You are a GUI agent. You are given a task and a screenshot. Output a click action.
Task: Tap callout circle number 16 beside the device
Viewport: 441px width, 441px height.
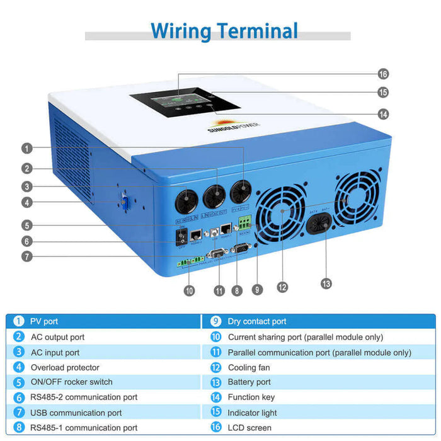pos(383,74)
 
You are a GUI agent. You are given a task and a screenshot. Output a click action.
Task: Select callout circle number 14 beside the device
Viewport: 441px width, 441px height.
pos(383,114)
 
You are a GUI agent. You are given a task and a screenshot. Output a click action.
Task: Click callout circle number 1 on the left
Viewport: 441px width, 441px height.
pos(26,149)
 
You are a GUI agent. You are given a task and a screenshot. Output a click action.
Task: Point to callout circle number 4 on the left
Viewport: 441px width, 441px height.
pos(26,203)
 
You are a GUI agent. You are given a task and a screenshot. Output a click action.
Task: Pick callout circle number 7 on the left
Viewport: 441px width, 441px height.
pos(26,256)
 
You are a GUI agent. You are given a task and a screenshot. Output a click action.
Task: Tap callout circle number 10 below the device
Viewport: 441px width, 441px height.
pos(190,290)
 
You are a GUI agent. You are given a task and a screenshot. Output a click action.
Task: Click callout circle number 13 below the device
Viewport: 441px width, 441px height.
pos(326,283)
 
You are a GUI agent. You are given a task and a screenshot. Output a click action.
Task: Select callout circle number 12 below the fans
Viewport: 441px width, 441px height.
pos(282,287)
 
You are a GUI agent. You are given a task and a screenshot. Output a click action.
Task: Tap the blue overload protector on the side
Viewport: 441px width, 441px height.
pos(125,203)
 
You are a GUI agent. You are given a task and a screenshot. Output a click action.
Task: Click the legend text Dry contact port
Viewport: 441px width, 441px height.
pos(257,321)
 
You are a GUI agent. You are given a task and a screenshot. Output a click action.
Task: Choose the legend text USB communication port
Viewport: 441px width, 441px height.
pos(76,413)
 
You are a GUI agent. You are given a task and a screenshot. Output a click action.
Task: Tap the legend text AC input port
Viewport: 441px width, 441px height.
pos(55,352)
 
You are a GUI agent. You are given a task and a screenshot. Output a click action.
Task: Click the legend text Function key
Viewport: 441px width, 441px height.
pos(252,397)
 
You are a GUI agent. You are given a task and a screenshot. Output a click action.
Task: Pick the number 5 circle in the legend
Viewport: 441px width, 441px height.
pos(19,382)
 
